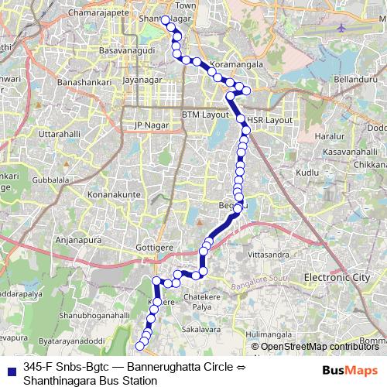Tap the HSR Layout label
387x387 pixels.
click(270, 121)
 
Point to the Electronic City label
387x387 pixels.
click(337, 277)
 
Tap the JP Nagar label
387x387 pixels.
click(151, 125)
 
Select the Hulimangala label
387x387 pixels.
click(271, 334)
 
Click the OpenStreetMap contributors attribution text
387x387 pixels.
click(320, 347)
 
